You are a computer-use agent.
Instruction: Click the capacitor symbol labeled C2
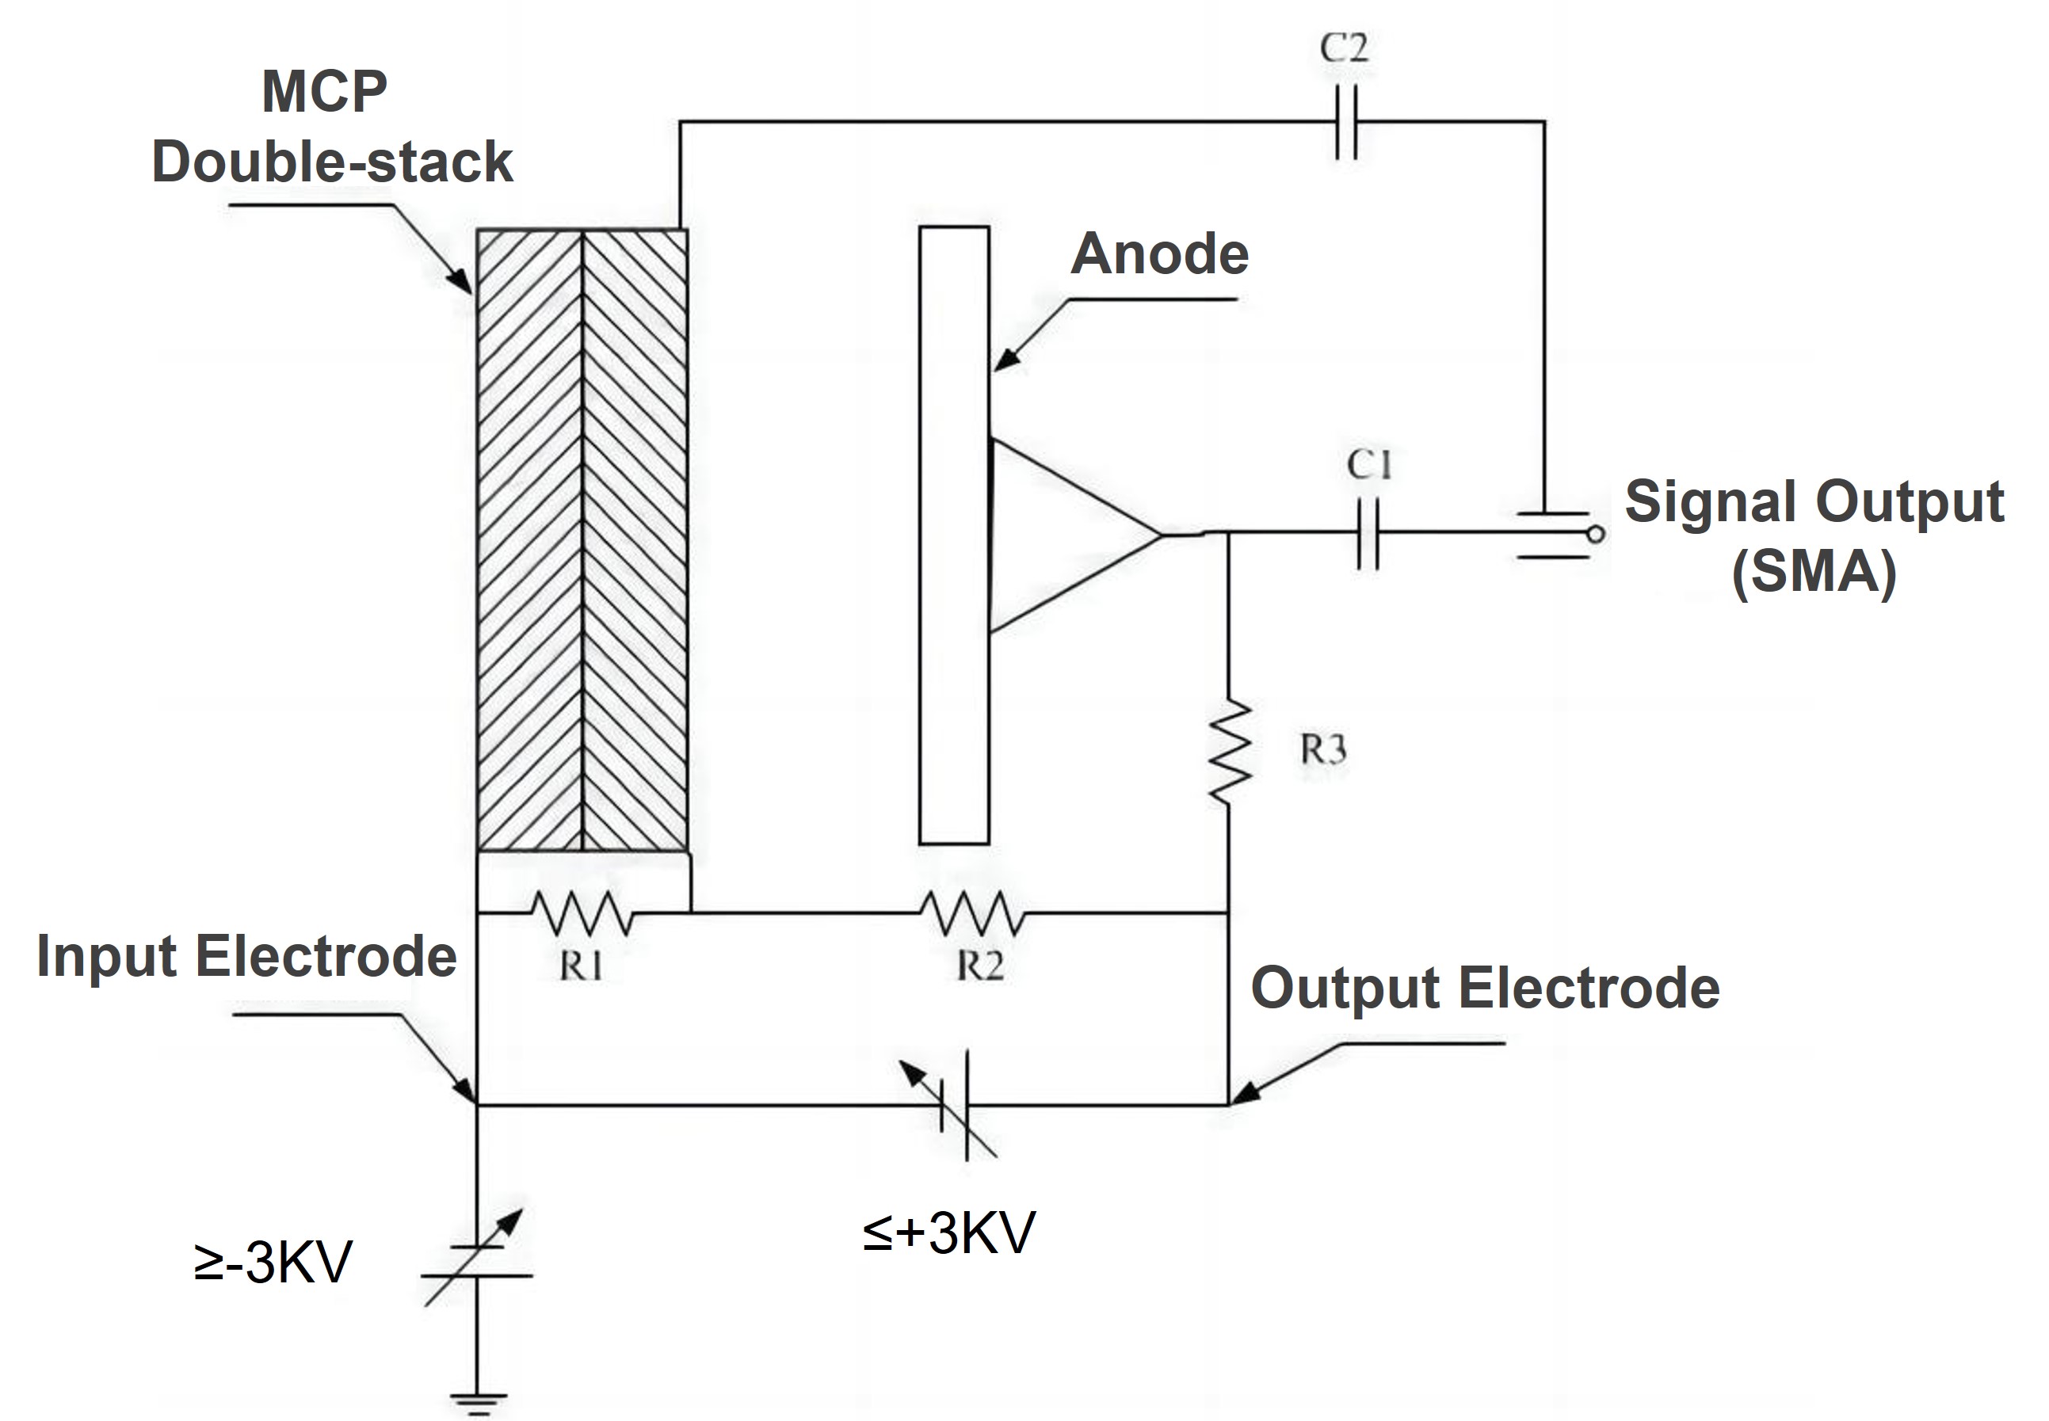1346,122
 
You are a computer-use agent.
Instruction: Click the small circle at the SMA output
1597,534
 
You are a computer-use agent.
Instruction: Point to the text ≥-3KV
273,1263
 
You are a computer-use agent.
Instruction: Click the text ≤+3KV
948,1233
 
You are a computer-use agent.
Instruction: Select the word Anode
1158,254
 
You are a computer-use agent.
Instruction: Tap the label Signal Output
1814,502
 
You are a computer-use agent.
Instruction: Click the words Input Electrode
246,957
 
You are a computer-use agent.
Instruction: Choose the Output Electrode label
1484,989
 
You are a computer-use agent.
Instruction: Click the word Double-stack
332,162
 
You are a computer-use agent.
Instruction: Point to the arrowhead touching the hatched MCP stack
463,283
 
